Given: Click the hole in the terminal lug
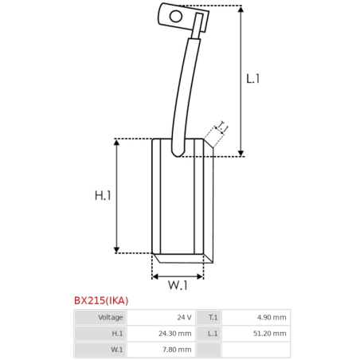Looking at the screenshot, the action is click(176, 16).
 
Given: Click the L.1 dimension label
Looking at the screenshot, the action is click(252, 79).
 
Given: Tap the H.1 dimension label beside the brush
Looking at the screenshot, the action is click(103, 196).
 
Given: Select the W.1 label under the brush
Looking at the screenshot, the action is click(178, 285).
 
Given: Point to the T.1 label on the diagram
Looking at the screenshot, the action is click(222, 127).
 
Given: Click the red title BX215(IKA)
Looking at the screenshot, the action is click(101, 300).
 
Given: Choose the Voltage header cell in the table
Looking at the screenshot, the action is click(100, 317).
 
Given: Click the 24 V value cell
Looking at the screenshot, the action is click(161, 317).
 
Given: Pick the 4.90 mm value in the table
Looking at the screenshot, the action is click(256, 317).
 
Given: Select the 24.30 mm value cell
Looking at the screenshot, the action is click(161, 334).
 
